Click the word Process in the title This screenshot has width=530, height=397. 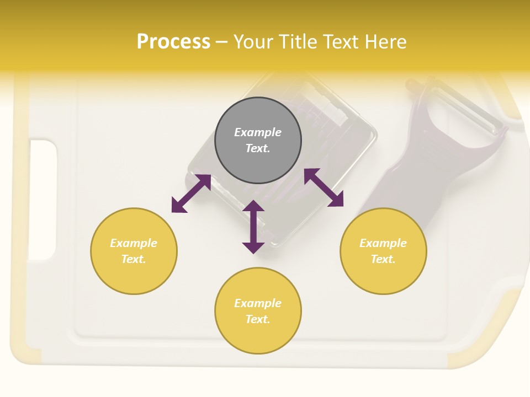point(173,42)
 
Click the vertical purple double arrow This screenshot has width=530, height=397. point(253,227)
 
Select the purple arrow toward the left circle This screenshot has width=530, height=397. point(191,194)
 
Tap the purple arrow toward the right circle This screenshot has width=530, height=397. point(324,187)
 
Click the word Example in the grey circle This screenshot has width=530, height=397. point(258,132)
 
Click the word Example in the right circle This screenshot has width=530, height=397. point(383,243)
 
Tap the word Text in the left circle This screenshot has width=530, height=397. point(133,259)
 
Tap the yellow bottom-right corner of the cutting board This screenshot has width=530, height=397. point(486,342)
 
